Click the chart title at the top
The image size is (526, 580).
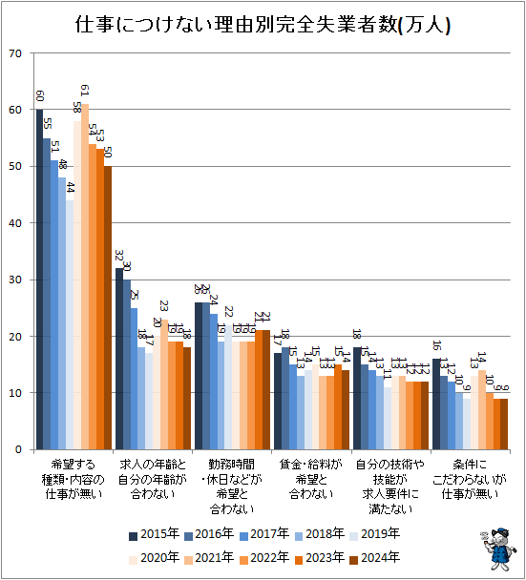(x=263, y=23)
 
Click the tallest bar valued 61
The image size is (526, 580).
(x=85, y=277)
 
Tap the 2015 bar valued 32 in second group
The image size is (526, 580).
(x=119, y=359)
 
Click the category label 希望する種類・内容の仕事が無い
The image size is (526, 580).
(x=74, y=478)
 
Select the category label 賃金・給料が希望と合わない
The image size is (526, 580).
(x=311, y=478)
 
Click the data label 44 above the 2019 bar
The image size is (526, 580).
(x=70, y=188)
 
